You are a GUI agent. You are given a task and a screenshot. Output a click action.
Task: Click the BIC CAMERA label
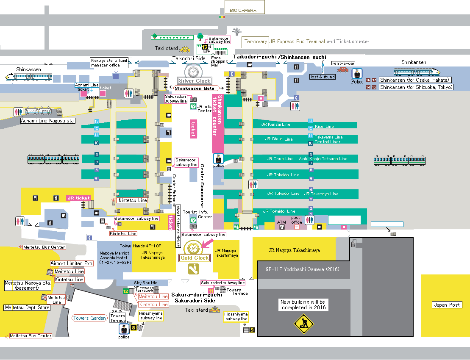[243, 10]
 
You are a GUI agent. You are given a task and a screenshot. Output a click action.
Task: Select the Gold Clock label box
[195, 258]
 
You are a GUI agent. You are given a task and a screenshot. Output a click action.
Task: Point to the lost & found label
[323, 77]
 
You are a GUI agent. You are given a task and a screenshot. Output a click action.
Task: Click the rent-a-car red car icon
[342, 69]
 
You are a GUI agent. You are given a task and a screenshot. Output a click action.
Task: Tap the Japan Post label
[447, 305]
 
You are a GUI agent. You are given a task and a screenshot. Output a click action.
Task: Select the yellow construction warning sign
[304, 324]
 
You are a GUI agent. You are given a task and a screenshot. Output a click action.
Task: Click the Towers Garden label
[89, 318]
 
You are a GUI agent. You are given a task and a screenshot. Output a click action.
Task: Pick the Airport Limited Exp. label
[72, 263]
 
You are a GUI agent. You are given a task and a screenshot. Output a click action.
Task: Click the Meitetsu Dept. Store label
[27, 307]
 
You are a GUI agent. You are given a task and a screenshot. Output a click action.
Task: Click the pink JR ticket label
[78, 198]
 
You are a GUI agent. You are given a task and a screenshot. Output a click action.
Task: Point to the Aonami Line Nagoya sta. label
[48, 121]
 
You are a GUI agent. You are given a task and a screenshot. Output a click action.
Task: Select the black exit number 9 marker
[252, 330]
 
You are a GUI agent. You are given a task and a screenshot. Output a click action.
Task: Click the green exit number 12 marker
[125, 291]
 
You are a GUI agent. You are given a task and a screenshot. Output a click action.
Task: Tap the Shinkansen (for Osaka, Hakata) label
[415, 80]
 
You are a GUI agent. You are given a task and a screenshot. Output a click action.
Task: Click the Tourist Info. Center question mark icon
[193, 220]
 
